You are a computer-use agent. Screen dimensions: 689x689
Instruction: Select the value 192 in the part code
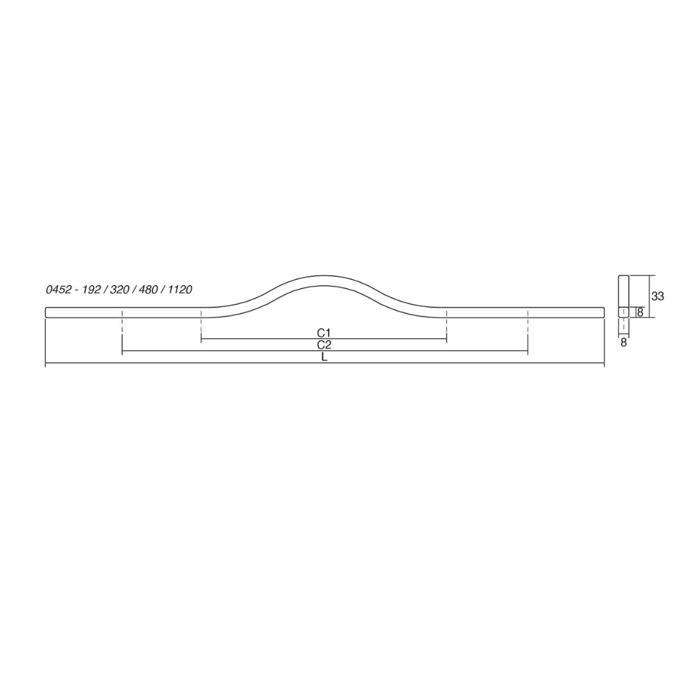93,290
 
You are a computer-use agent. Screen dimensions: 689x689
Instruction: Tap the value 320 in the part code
119,290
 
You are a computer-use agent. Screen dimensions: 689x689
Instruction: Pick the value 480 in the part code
149,290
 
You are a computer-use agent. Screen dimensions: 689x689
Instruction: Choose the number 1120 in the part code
180,290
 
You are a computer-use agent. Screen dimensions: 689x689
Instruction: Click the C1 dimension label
323,333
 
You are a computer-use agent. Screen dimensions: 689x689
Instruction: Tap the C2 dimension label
324,345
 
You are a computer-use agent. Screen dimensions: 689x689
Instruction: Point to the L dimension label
324,357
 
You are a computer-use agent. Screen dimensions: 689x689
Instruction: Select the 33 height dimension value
657,297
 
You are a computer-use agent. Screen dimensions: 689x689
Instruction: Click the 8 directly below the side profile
623,343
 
